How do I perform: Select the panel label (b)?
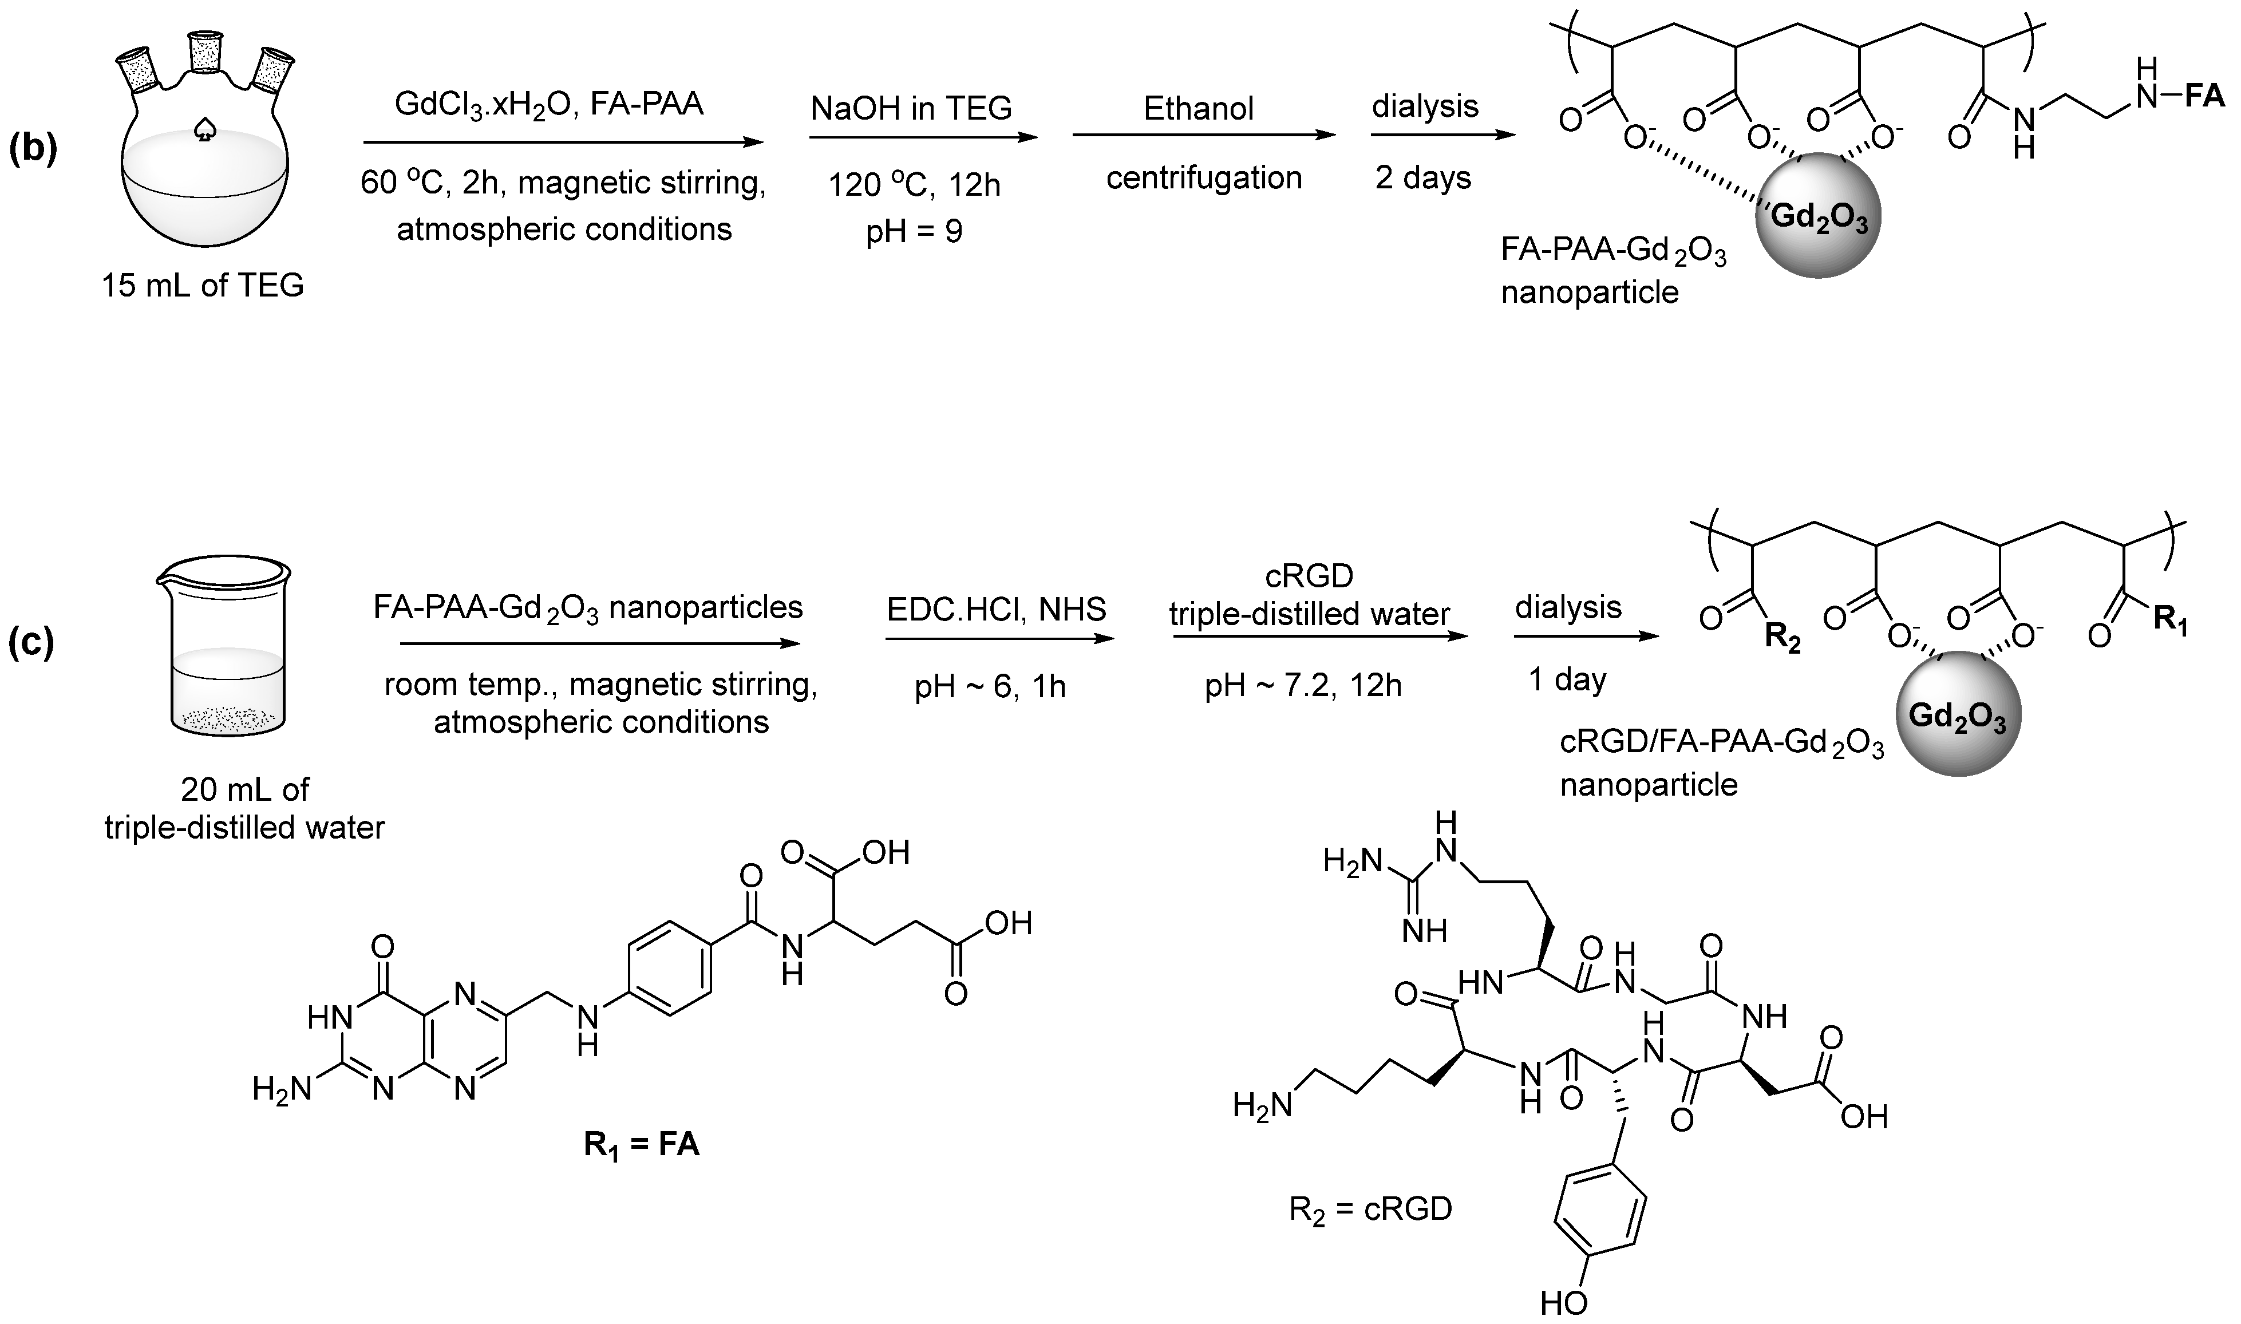tap(33, 151)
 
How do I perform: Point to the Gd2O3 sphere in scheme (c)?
tap(1958, 714)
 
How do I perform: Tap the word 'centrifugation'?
tap(1203, 177)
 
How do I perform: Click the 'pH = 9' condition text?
tap(914, 232)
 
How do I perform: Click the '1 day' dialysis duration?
tap(1567, 680)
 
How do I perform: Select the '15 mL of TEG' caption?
tap(203, 286)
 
